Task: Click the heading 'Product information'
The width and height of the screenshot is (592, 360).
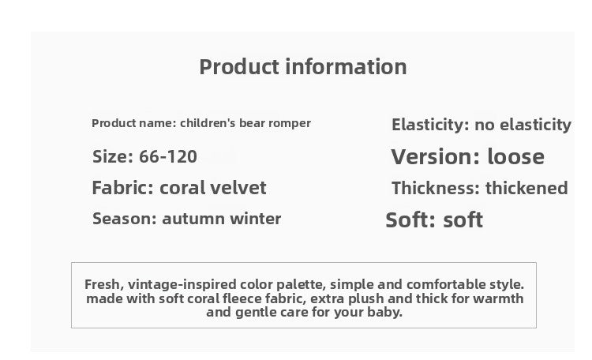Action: pyautogui.click(x=303, y=66)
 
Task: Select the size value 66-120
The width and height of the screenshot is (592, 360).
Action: pyautogui.click(x=168, y=156)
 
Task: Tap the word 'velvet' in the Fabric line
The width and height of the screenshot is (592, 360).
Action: pyautogui.click(x=236, y=188)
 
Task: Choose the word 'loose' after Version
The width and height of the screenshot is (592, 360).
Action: pyautogui.click(x=515, y=156)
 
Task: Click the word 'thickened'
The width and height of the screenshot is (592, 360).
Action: pyautogui.click(x=526, y=188)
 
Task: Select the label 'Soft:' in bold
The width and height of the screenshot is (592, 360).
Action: pyautogui.click(x=410, y=219)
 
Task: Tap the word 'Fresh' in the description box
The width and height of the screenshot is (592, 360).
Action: pyautogui.click(x=102, y=284)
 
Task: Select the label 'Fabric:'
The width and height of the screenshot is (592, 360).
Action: pyautogui.click(x=123, y=188)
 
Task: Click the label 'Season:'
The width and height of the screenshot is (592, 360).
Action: pyautogui.click(x=124, y=219)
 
